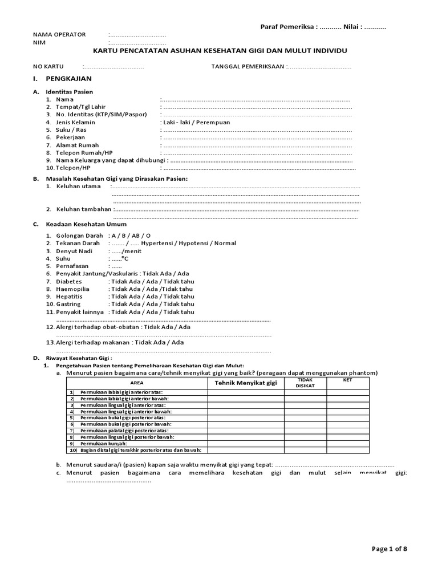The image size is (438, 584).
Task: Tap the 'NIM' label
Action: point(39,43)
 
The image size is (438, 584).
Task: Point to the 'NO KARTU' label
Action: point(48,67)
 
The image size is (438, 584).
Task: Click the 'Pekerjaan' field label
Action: point(70,137)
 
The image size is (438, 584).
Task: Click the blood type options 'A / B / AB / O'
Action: point(131,236)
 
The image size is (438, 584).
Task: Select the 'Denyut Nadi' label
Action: point(74,251)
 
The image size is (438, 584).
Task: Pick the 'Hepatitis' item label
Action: point(69,297)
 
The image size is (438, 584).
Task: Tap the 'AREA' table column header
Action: point(137,383)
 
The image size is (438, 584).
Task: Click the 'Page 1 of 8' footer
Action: point(390,549)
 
